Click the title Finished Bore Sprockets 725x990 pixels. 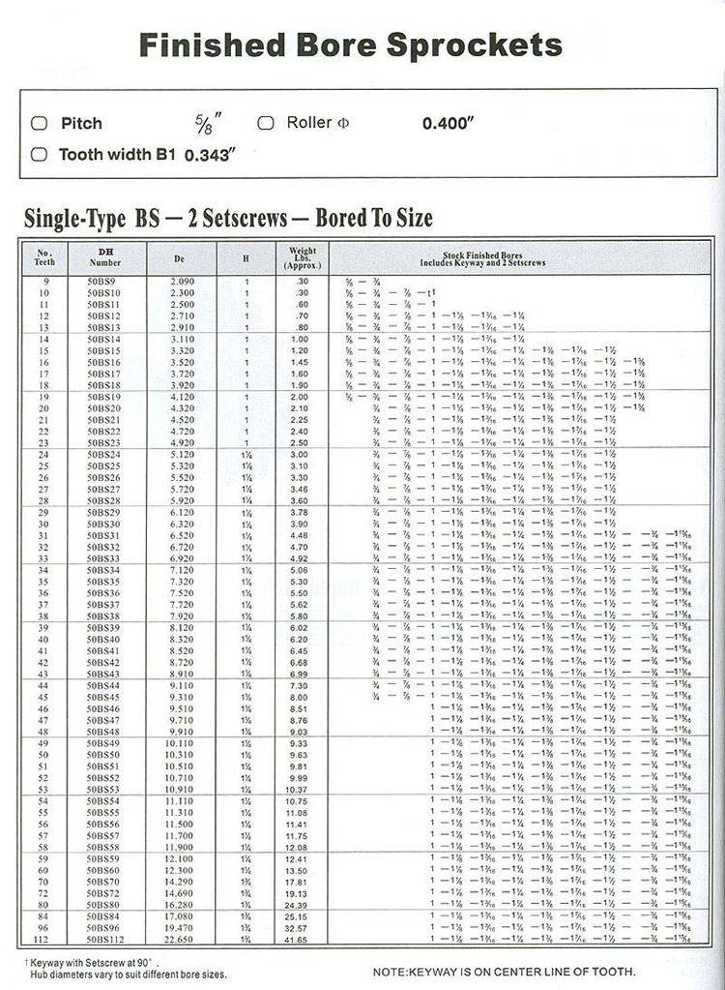tap(350, 45)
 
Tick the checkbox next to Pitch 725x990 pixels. tap(39, 123)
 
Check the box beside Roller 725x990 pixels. tap(266, 123)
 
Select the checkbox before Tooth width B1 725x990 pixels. tap(39, 154)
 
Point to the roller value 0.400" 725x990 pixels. tap(450, 124)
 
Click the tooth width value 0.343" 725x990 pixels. tap(210, 155)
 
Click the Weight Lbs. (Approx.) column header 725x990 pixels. tap(303, 256)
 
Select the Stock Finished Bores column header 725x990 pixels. tap(483, 258)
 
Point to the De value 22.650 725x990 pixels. tap(183, 939)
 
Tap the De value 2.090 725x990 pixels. tap(183, 280)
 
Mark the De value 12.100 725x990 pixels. tap(183, 858)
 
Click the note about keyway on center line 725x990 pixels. tap(504, 971)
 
